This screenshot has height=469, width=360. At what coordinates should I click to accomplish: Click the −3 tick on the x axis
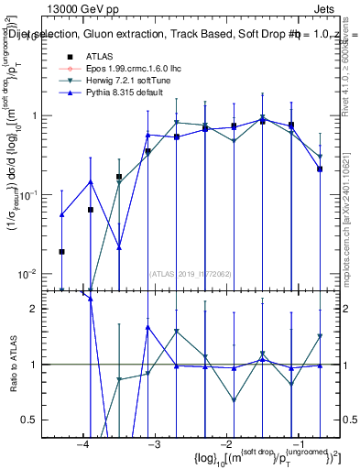pos(155,443)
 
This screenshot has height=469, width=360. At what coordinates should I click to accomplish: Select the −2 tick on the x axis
pos(226,443)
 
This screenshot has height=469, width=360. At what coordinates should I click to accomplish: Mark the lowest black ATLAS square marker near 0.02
pos(61,251)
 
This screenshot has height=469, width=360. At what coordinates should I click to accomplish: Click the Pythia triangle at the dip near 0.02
pos(119,245)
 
